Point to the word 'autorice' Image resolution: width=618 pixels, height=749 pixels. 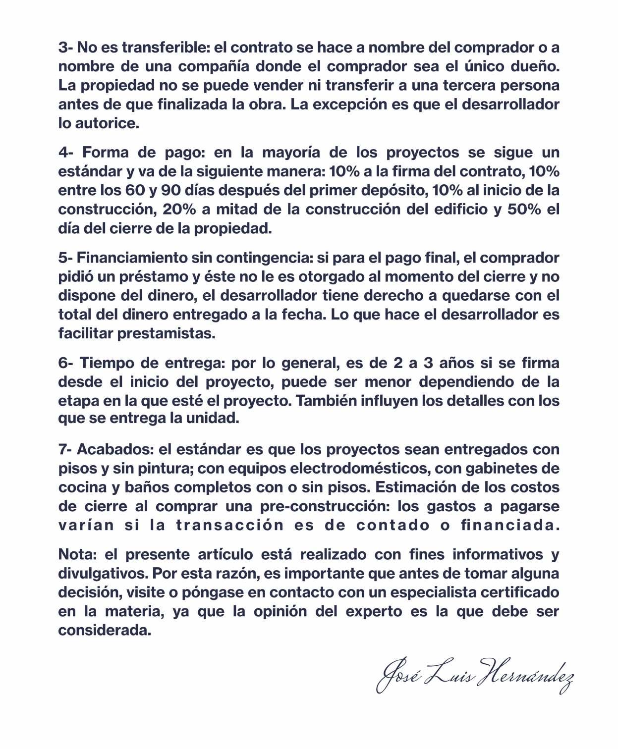(107, 123)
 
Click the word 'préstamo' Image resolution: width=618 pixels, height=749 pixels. (151, 276)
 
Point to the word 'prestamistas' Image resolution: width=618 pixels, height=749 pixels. (166, 333)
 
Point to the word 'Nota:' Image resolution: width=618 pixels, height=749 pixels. (75, 554)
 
